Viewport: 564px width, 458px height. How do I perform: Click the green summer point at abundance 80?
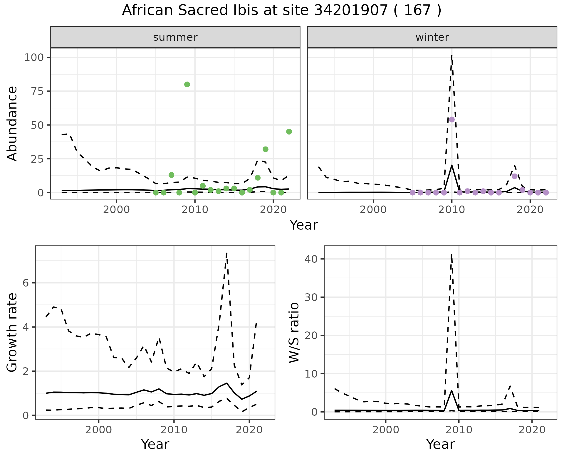click(x=187, y=85)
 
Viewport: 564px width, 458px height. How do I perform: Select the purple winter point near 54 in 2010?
click(x=452, y=119)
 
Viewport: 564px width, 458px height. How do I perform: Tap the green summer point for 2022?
click(x=289, y=132)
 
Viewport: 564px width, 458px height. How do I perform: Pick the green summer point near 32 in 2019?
click(x=266, y=149)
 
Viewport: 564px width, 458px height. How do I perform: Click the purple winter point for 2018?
click(x=514, y=176)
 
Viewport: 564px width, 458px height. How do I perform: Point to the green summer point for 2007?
click(x=172, y=175)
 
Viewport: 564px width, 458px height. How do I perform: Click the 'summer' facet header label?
click(x=175, y=37)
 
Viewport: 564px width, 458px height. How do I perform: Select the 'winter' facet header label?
click(x=432, y=37)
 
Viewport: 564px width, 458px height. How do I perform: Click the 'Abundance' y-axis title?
click(x=12, y=123)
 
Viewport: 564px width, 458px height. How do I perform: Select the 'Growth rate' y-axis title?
click(x=12, y=332)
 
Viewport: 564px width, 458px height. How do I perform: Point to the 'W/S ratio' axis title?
click(x=294, y=332)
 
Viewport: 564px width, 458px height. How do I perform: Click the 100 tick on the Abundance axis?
click(x=33, y=58)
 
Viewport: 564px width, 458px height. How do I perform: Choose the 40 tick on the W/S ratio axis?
click(x=311, y=259)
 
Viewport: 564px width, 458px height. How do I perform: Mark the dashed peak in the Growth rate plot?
click(x=227, y=253)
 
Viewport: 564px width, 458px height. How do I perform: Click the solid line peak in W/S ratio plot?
click(x=451, y=390)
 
